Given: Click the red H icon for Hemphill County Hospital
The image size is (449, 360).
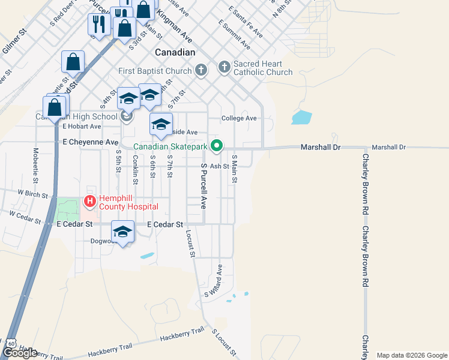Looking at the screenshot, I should point(90,202).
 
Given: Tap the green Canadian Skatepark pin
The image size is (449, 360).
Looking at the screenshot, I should point(217,146).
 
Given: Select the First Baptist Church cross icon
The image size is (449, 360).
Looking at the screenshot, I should point(201,71).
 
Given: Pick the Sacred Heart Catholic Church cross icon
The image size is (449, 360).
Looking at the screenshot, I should point(224,67).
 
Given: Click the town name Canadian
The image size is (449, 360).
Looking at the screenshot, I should point(175,53).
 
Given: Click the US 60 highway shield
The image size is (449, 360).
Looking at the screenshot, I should point(11,343).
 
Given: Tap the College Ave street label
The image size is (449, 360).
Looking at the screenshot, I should point(239,118).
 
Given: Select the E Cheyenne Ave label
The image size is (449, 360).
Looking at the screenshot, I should point(91,142).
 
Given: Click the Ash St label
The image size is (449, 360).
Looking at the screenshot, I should point(220,166).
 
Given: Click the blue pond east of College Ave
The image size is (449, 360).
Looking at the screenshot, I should point(301,117).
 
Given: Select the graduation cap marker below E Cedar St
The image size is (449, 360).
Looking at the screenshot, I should point(122,233).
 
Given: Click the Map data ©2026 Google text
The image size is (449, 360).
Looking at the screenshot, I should point(412,355).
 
